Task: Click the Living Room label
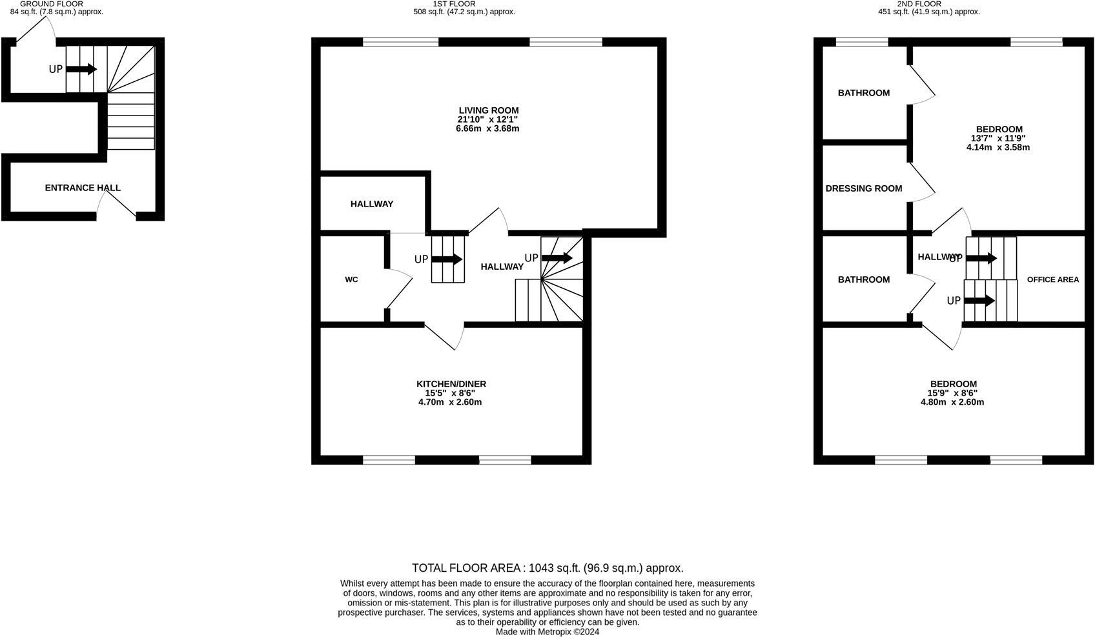tap(488, 110)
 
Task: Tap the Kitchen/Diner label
tap(451, 384)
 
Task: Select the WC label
tap(351, 279)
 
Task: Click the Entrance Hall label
tap(83, 188)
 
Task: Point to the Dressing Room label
tap(863, 188)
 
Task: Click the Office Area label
tap(1052, 279)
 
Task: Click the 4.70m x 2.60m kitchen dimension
tap(450, 402)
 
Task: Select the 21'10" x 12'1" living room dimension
tap(487, 119)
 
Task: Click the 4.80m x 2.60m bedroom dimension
tap(952, 402)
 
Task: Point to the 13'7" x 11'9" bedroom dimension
tap(998, 138)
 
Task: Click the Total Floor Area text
tap(547, 568)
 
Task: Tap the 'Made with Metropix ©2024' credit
tap(547, 632)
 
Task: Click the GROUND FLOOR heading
tap(52, 4)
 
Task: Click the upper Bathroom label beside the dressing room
tap(863, 93)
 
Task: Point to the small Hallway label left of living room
tap(372, 204)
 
